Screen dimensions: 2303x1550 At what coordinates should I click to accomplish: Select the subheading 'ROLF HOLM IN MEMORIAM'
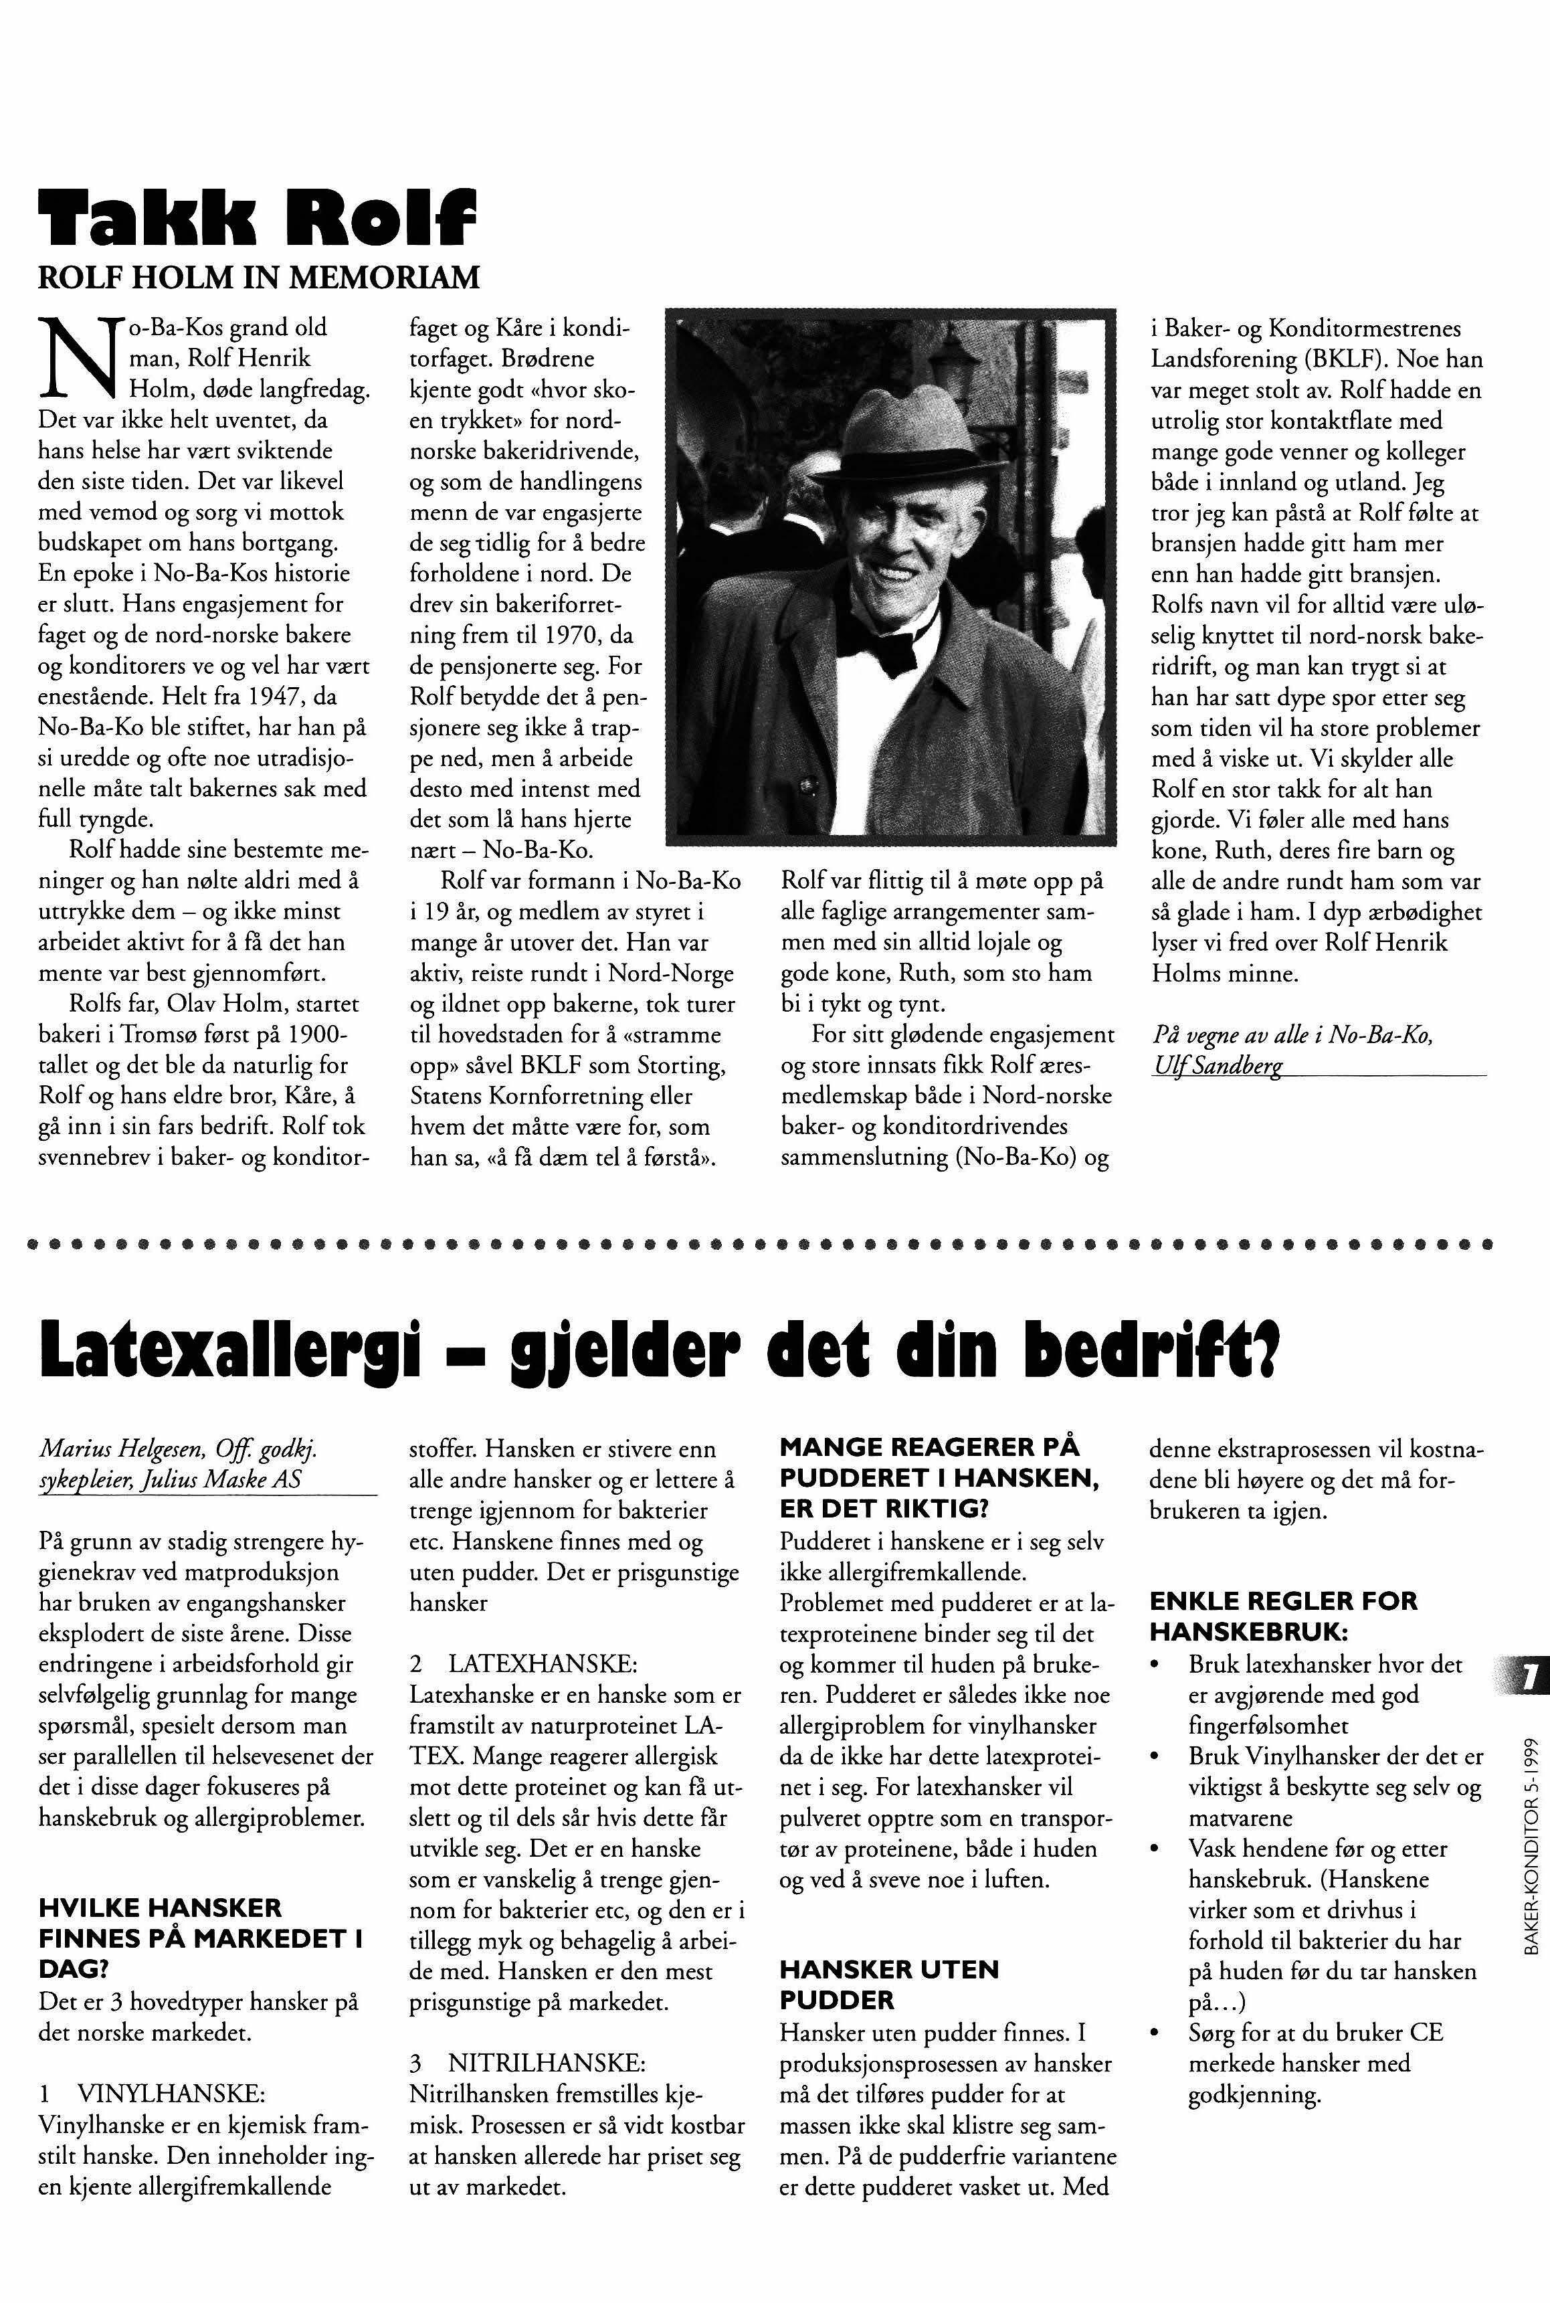click(x=258, y=278)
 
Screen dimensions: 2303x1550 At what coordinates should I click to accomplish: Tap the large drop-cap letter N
click(x=74, y=355)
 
